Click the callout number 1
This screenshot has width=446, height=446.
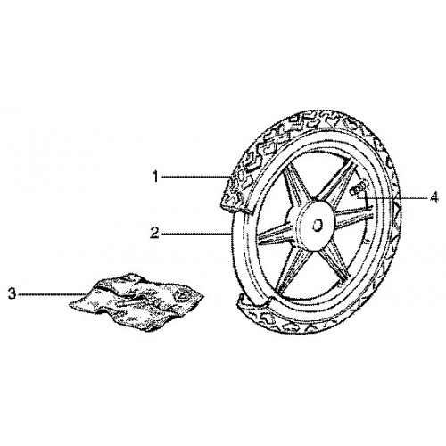pos(155,178)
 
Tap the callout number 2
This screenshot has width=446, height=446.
pos(154,233)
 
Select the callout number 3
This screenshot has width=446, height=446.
pos(12,294)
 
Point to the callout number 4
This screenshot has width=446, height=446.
pos(434,197)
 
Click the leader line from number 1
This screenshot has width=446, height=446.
pos(195,178)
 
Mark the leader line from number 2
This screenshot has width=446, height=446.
pos(196,234)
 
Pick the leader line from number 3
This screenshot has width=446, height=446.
pos(52,294)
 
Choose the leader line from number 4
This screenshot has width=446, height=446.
pos(393,197)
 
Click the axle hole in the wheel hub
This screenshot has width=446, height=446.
pos(317,226)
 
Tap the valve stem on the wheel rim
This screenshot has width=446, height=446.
pos(358,189)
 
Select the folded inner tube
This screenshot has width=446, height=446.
pos(136,301)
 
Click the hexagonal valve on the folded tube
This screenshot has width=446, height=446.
pos(180,295)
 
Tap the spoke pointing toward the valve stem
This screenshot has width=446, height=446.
pos(336,182)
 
